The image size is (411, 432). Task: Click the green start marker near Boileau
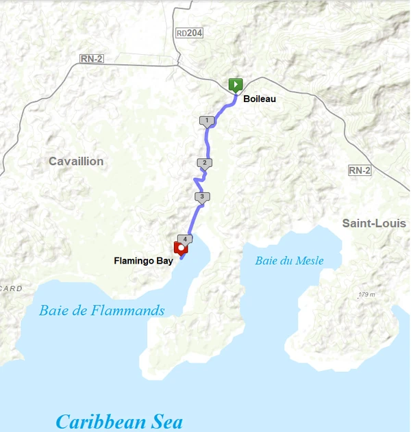[x=235, y=85]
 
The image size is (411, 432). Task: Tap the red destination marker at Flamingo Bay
[x=181, y=248]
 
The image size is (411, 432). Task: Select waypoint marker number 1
[x=206, y=121]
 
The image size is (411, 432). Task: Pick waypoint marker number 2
[x=203, y=163]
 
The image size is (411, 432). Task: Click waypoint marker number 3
[x=201, y=197]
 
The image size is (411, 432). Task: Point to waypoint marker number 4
[x=185, y=239]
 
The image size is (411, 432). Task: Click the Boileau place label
[x=260, y=99]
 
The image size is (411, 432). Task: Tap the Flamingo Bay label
[x=143, y=261]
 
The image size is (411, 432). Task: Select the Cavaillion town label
[x=76, y=162]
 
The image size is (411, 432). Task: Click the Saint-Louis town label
[x=374, y=224]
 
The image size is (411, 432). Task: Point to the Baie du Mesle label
[x=289, y=261]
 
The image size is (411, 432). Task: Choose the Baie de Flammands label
[x=102, y=311]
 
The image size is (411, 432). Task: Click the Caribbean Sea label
[x=119, y=421]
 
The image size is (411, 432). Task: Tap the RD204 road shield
[x=190, y=33]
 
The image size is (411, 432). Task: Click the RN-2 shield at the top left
[x=92, y=59]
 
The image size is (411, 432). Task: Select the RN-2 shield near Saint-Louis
[x=359, y=170]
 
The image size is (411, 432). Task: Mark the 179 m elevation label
[x=366, y=295]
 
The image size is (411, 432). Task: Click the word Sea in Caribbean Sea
[x=166, y=421]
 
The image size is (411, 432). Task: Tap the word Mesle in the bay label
[x=309, y=261]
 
